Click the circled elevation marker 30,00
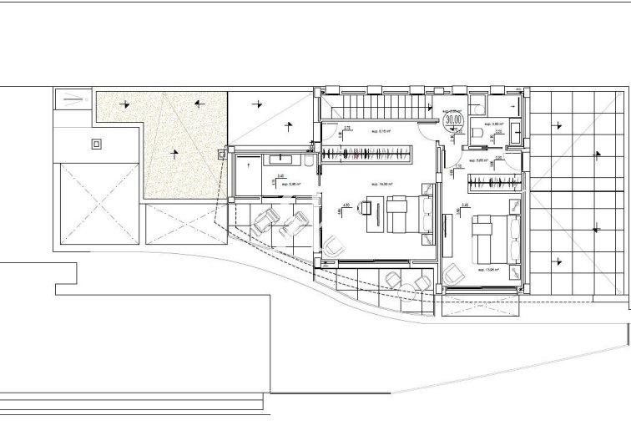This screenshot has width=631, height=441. [454, 119]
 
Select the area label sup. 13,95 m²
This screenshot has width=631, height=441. [487, 270]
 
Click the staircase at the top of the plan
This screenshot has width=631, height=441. [376, 106]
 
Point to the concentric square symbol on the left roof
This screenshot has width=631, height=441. [97, 143]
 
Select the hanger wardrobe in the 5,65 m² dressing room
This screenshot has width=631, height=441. [492, 180]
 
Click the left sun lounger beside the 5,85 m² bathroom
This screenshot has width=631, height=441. [265, 220]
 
